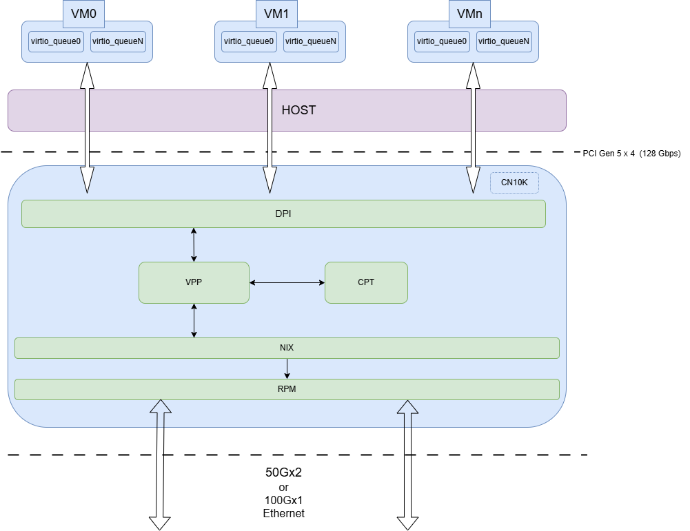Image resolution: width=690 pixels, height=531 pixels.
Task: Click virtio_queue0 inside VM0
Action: click(x=56, y=41)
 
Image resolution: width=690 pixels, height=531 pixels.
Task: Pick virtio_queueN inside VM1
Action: click(x=311, y=41)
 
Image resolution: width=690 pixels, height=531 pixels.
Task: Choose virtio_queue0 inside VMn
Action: click(x=442, y=41)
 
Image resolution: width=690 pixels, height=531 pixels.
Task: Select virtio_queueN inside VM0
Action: click(x=118, y=41)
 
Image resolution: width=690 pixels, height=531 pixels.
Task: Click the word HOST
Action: click(x=298, y=110)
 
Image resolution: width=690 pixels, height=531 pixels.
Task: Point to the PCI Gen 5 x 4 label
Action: click(x=631, y=154)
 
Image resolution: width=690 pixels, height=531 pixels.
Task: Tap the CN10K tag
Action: click(x=514, y=183)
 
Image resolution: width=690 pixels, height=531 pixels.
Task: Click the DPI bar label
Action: click(x=283, y=214)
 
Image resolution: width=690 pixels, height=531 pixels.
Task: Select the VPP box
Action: click(x=194, y=282)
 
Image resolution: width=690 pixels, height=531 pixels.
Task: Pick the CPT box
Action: click(x=366, y=282)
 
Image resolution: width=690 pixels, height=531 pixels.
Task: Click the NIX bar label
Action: click(x=287, y=348)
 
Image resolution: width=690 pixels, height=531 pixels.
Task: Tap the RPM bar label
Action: click(x=287, y=389)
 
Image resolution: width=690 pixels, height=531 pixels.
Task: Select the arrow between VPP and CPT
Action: click(x=287, y=282)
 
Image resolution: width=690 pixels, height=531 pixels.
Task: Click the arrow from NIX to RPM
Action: click(x=287, y=368)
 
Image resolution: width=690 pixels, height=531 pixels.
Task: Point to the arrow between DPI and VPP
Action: click(x=194, y=244)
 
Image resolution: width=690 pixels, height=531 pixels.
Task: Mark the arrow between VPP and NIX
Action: click(x=194, y=320)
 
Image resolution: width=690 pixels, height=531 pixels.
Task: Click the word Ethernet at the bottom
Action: click(x=283, y=514)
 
